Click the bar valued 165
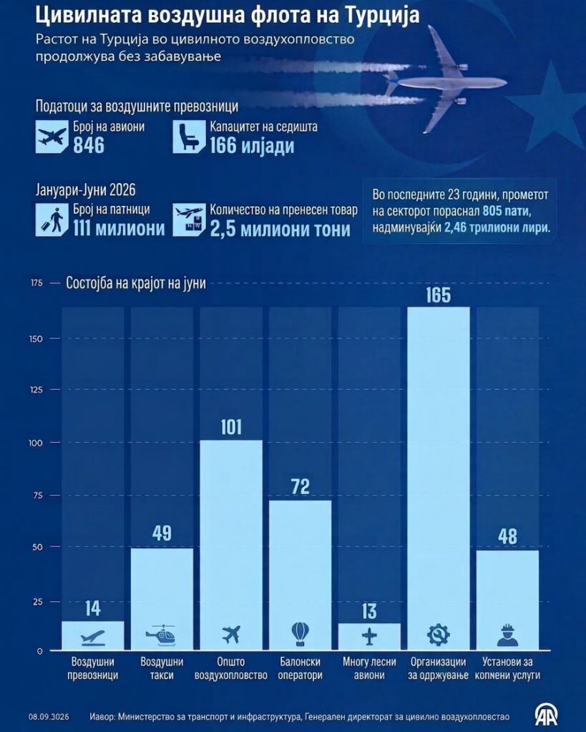[x=439, y=478]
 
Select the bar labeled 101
[x=231, y=545]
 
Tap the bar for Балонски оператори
[x=300, y=575]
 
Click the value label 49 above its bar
[x=162, y=533]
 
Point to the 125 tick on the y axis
[x=36, y=390]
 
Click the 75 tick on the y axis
[x=37, y=495]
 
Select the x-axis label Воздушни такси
[x=162, y=668]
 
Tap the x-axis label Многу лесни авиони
[x=369, y=668]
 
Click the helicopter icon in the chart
[x=160, y=635]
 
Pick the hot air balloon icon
[x=300, y=634]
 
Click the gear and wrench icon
[x=439, y=635]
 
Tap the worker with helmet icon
[x=507, y=635]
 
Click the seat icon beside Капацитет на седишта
[x=189, y=137]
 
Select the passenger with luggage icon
[x=52, y=219]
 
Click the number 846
[x=88, y=146]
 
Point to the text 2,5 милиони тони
[x=280, y=229]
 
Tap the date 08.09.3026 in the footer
[x=49, y=717]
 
